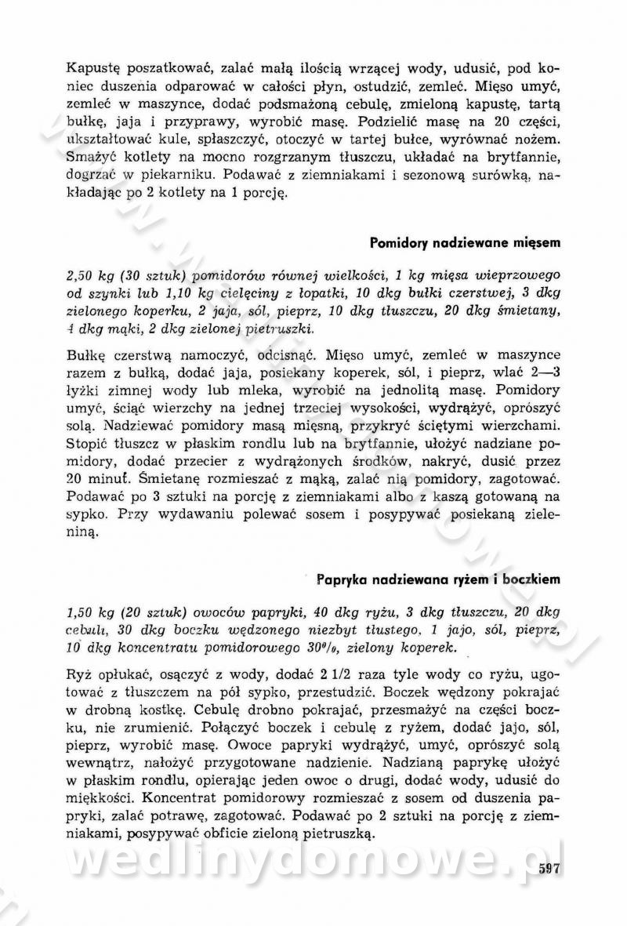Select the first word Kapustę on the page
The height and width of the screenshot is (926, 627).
pos(92,68)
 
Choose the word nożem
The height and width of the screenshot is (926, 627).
pos(541,138)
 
